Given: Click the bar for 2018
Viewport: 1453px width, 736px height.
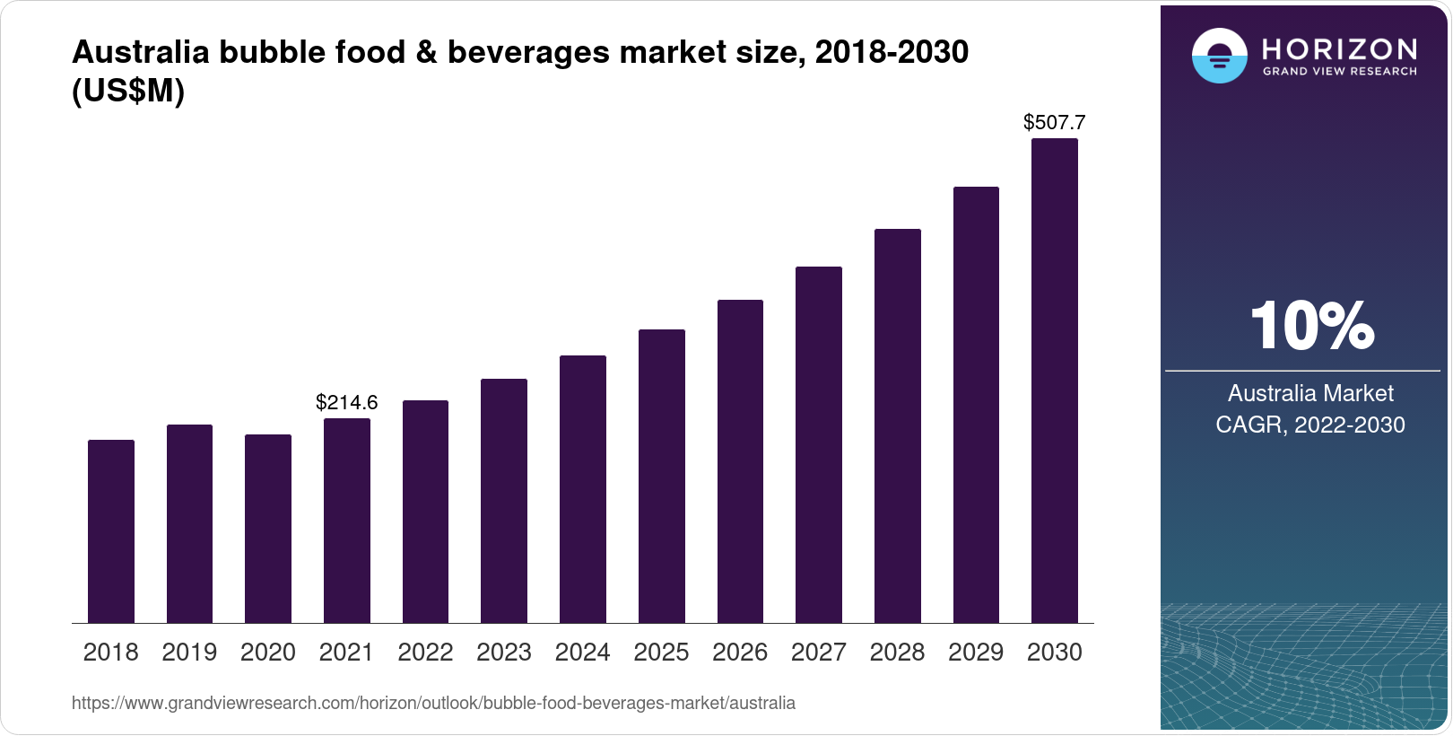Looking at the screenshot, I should click(x=110, y=531).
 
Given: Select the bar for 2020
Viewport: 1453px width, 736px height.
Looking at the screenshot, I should click(x=267, y=529).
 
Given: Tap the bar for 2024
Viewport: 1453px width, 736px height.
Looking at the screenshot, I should click(x=582, y=489).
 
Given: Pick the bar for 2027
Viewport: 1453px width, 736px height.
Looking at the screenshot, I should click(x=818, y=444).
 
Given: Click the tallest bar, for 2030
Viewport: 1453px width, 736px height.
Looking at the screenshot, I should click(x=1054, y=381).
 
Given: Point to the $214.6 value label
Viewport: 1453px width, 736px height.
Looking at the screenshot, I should click(x=346, y=402).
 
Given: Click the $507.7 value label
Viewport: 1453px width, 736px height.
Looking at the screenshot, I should click(x=1054, y=122).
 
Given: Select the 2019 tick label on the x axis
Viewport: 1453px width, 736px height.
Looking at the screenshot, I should click(x=189, y=653).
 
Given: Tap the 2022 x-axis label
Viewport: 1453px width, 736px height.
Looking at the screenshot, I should click(x=425, y=653).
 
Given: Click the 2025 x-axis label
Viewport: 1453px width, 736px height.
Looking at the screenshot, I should click(x=661, y=653).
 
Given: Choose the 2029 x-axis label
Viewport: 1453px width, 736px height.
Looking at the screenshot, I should click(x=976, y=653).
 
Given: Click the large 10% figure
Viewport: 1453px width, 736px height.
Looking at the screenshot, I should click(x=1311, y=326).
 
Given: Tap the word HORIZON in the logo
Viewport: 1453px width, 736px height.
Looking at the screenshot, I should click(x=1339, y=48).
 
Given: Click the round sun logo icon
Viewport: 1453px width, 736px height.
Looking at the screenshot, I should click(x=1219, y=56).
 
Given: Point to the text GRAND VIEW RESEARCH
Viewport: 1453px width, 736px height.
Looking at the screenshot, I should click(x=1339, y=72).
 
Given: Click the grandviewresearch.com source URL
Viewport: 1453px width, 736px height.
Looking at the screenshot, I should click(x=433, y=703).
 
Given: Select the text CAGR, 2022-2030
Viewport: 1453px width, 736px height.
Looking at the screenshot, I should click(x=1309, y=425).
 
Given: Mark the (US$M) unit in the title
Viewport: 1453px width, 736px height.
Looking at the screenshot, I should click(x=128, y=91).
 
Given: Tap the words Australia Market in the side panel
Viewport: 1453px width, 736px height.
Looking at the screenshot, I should click(x=1309, y=393).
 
